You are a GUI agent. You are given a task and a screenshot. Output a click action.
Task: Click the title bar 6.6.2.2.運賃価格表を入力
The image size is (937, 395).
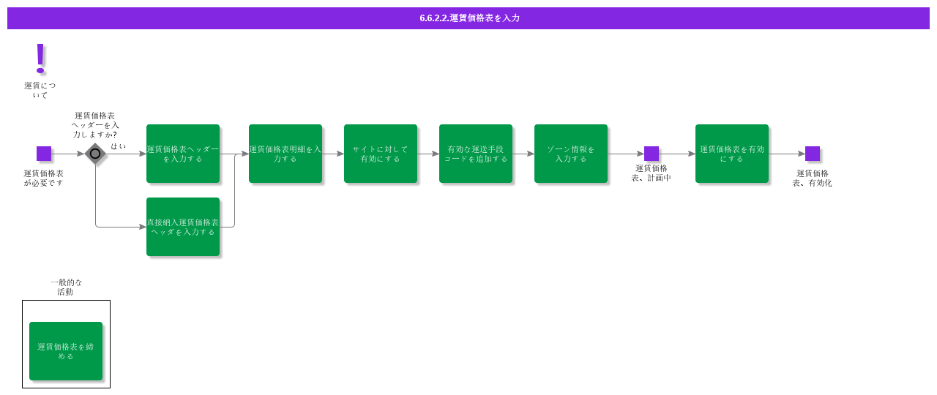click(468, 18)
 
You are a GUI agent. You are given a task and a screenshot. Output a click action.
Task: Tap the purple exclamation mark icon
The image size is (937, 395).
click(40, 58)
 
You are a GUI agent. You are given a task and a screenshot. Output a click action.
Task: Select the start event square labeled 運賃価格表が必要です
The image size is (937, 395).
click(44, 154)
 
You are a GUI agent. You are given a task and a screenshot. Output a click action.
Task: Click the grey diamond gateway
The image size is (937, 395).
click(95, 154)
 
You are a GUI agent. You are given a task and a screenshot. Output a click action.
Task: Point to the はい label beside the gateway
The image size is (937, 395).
click(119, 146)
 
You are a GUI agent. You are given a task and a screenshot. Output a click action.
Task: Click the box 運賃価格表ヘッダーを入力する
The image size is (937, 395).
click(183, 154)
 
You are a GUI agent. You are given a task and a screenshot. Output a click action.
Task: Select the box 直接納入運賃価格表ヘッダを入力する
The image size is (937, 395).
click(183, 227)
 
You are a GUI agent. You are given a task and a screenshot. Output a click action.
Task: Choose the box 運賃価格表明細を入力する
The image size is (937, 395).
click(285, 154)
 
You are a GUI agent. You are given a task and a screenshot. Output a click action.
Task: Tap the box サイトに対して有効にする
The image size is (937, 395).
click(381, 154)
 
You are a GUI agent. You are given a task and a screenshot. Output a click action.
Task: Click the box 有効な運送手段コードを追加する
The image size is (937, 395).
click(476, 154)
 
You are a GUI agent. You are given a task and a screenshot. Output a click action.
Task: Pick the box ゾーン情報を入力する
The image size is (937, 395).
click(571, 154)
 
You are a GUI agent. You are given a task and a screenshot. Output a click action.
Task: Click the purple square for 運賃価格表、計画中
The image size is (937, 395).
click(652, 154)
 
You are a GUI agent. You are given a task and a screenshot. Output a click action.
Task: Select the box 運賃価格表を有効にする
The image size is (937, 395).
click(732, 154)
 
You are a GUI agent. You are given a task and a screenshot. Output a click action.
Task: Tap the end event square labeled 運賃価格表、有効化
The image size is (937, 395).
click(813, 154)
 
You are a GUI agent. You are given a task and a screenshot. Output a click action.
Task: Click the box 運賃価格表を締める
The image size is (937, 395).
click(66, 351)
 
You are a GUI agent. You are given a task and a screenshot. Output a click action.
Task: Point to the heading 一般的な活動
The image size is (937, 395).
click(66, 287)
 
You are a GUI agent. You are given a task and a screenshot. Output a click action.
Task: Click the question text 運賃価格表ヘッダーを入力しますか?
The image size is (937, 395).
click(95, 125)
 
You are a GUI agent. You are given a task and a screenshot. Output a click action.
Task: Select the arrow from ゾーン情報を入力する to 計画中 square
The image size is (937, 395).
click(626, 154)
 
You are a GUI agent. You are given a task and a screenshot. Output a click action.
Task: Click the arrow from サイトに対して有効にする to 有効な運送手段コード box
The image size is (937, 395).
click(428, 154)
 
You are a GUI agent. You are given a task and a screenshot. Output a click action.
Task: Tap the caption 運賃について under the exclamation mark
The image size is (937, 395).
click(40, 90)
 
